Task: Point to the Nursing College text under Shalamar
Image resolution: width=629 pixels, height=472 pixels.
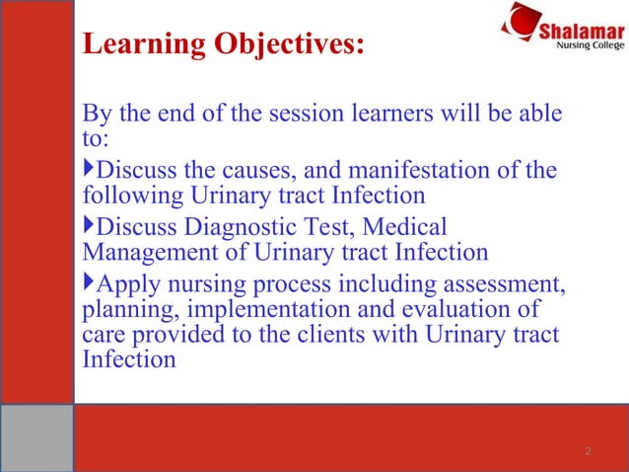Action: pos(588,45)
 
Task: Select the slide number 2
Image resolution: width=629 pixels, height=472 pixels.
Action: pos(588,451)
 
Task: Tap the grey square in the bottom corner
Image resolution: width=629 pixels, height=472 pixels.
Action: pos(36,437)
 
